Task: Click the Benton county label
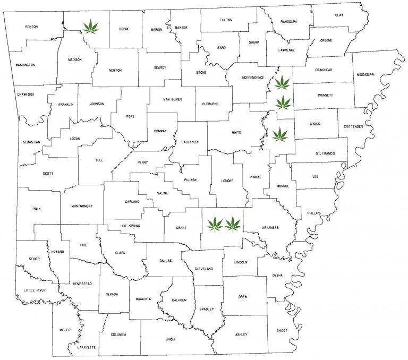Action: tap(31, 26)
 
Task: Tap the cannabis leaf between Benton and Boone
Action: tap(91, 25)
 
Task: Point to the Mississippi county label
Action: tap(365, 75)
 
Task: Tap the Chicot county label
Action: tap(282, 330)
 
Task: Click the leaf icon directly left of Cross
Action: tap(280, 135)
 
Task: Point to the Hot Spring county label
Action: tap(130, 226)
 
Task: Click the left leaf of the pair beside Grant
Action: tap(215, 224)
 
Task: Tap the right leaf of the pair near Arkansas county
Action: tap(233, 224)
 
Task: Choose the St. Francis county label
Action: tap(324, 153)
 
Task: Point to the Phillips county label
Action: tap(314, 213)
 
